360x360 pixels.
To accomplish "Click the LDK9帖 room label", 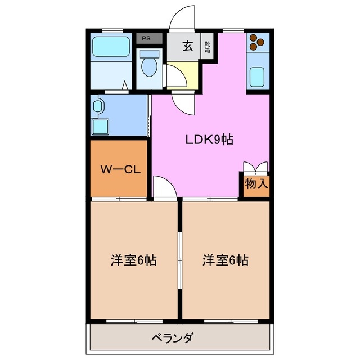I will click(x=209, y=139).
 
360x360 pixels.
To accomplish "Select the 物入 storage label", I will click(x=256, y=183).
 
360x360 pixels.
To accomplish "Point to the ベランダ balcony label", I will click(x=173, y=339).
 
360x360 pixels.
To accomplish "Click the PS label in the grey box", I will click(x=146, y=38).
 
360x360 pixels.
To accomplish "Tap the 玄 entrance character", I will click(x=188, y=47).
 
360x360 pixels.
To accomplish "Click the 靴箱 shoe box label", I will click(x=208, y=46).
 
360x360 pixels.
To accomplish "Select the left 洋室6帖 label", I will click(x=133, y=260).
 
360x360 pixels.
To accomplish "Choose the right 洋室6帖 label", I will click(x=226, y=260).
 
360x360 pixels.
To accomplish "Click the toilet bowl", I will click(x=149, y=66).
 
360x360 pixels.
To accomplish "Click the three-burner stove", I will click(x=257, y=42).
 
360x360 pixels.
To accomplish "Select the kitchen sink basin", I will click(x=258, y=75).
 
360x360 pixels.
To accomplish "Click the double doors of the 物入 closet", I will click(x=255, y=168).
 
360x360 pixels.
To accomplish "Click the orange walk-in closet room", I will click(x=118, y=169).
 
